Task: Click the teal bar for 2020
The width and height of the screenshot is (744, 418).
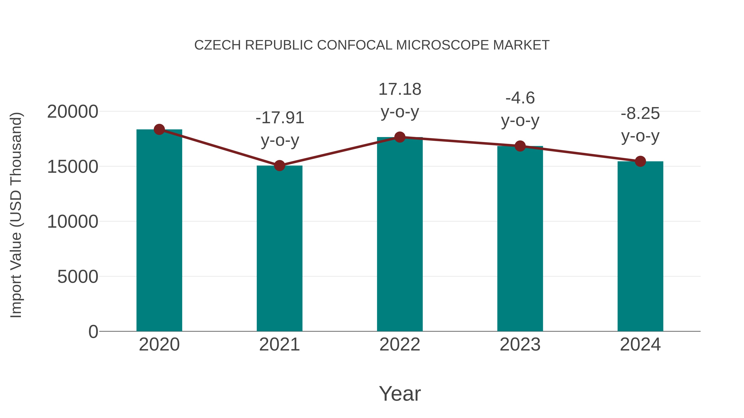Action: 159,231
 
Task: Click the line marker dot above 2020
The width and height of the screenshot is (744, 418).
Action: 159,129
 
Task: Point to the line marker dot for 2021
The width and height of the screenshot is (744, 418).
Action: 279,166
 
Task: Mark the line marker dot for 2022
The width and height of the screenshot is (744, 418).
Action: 400,137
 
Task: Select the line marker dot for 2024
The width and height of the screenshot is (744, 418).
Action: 640,161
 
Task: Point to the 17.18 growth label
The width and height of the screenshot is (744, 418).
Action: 400,89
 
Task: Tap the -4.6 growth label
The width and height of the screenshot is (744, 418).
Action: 520,98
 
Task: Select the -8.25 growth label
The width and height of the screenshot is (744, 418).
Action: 640,113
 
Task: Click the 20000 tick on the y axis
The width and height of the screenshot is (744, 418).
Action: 73,112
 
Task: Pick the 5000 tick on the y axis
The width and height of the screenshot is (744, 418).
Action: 78,277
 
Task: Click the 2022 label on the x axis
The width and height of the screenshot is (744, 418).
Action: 400,345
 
